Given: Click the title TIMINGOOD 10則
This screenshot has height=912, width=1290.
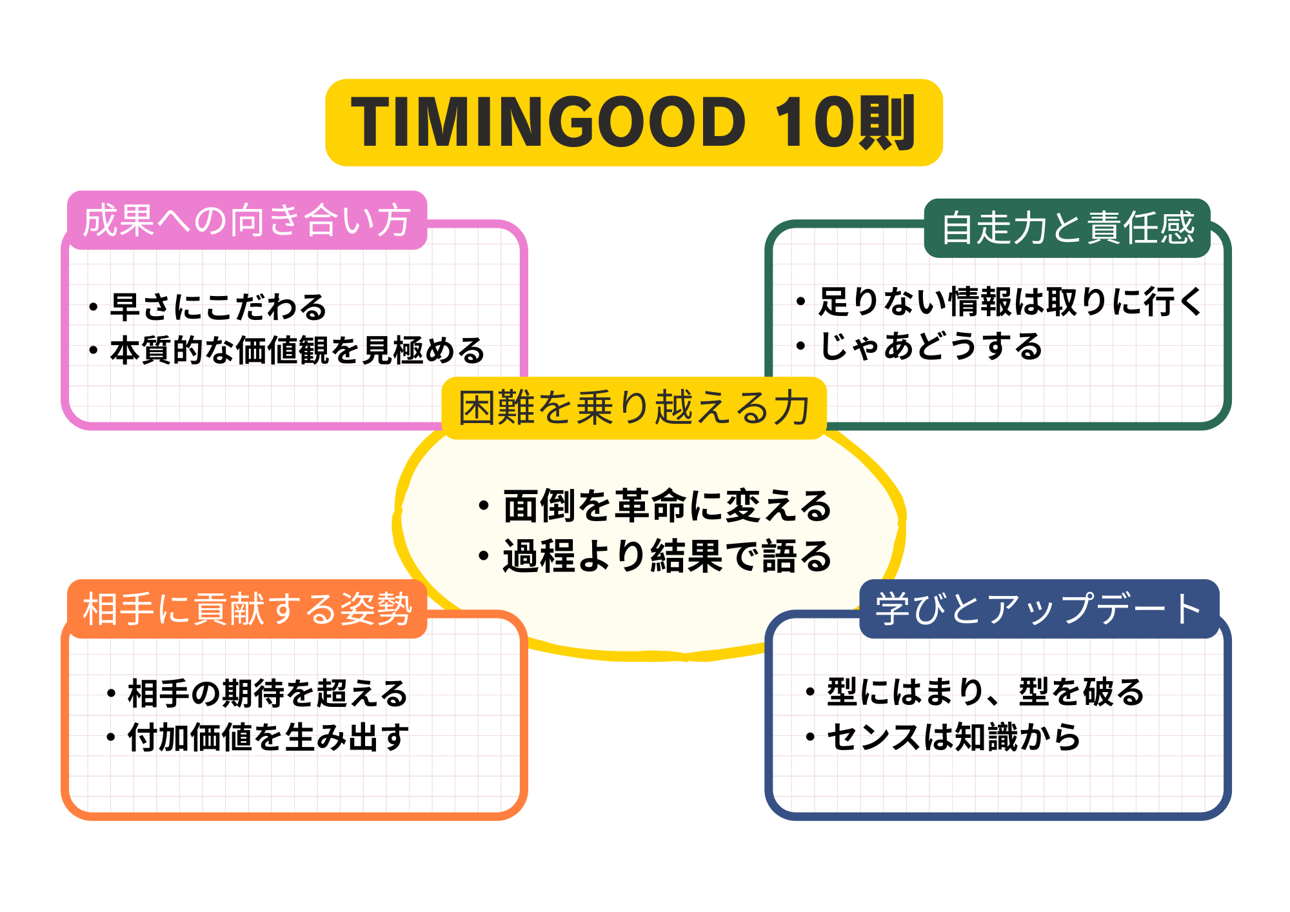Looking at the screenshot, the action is pos(633,122).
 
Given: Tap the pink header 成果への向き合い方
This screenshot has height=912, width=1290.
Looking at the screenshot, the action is pos(247,220).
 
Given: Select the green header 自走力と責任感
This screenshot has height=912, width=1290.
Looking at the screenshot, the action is pos(1068,228).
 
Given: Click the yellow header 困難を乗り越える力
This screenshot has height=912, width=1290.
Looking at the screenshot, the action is pos(634,408).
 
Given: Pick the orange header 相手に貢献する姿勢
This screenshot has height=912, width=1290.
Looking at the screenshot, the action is pos(247,608).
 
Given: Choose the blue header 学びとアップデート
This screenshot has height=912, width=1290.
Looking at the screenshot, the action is pos(1038,608).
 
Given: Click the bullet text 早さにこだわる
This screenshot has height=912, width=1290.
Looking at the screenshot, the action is pos(219,307).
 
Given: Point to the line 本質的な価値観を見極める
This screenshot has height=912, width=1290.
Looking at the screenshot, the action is pos(297,351).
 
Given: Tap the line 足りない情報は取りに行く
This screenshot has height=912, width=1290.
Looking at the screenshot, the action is pos(1010,301).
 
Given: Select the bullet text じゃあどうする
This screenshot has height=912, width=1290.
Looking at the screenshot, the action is pos(931,346).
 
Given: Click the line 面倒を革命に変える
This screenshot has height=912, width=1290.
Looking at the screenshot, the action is pos(668,506).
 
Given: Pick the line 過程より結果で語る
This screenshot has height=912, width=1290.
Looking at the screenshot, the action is pos(668,556).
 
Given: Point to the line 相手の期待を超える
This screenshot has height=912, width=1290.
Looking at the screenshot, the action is pos(268,693).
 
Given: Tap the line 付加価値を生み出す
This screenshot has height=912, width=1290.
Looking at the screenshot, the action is pos(268,737).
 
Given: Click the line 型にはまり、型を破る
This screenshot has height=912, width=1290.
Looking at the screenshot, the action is pos(986,692).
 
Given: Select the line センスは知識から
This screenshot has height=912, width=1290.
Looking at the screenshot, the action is pos(953,737).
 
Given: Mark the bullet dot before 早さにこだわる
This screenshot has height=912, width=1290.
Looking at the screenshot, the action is pos(94,307).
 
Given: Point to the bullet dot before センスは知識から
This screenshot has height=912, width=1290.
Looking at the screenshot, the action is pos(811,737).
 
